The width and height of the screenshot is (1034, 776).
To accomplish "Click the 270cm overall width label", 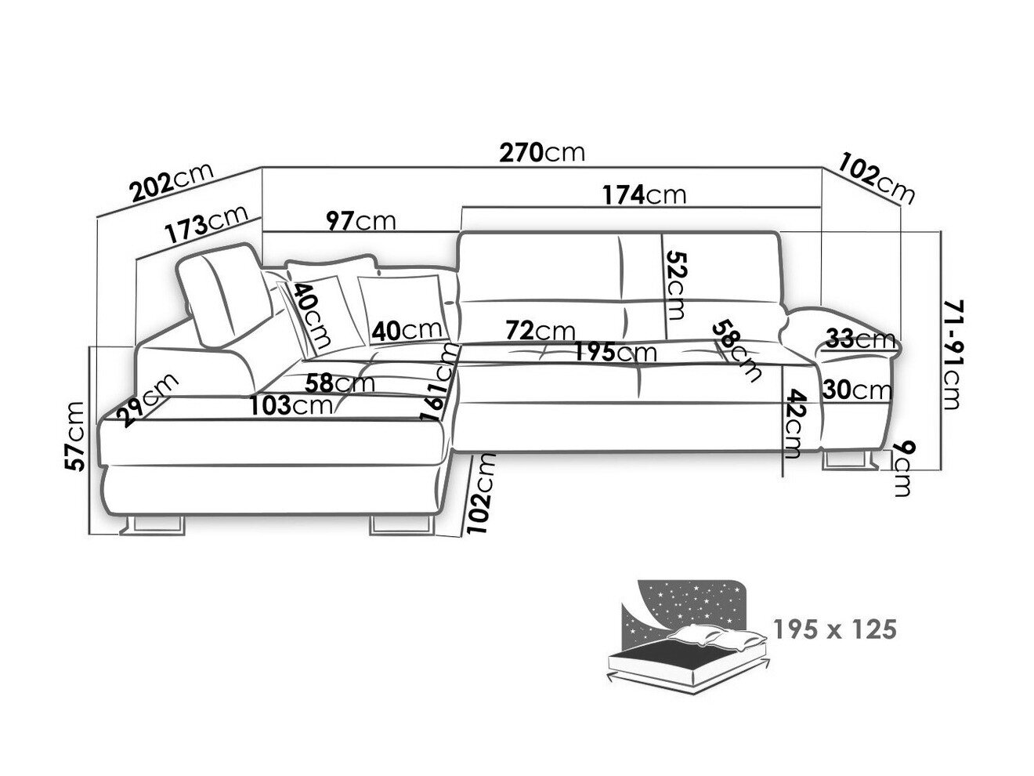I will (542, 152).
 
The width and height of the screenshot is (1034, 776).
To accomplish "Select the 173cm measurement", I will (206, 225).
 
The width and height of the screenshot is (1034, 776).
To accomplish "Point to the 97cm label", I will (361, 221).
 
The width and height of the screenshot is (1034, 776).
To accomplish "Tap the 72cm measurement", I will (540, 332).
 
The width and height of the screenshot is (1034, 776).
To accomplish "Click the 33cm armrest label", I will (860, 339).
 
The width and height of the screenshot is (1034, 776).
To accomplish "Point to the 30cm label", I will (858, 390).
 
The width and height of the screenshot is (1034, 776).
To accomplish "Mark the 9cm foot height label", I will (900, 468).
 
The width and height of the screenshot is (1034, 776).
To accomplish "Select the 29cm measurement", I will (148, 399).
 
